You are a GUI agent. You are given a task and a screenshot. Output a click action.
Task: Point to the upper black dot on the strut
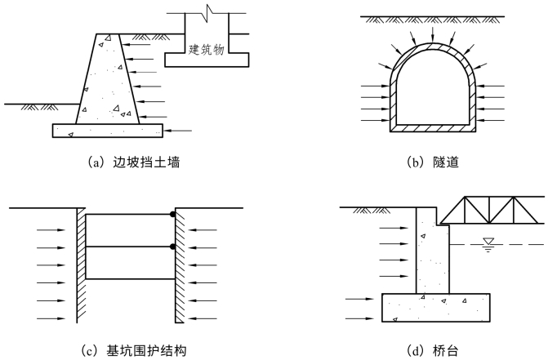tap(173, 215)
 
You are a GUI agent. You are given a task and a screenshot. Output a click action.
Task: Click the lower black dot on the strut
tap(173, 247)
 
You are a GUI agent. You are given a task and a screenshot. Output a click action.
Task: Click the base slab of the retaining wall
tap(106, 130)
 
